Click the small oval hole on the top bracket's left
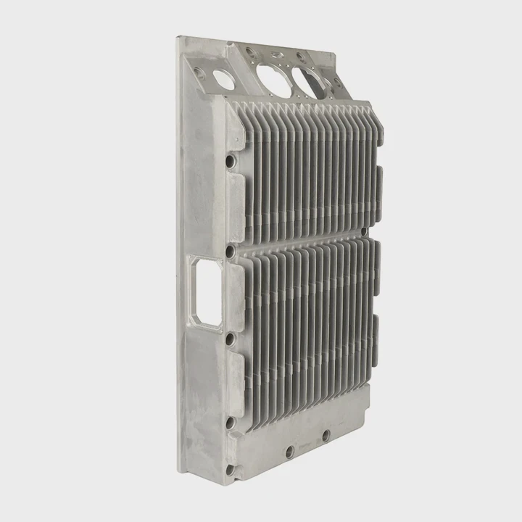pyautogui.click(x=224, y=80)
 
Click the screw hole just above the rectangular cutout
pyautogui.click(x=230, y=252)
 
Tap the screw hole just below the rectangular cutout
pyautogui.click(x=230, y=339)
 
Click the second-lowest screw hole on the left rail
pyautogui.click(x=230, y=422)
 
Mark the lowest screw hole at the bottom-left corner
pyautogui.click(x=231, y=469)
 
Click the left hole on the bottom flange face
pyautogui.click(x=289, y=451)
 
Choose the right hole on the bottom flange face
pyautogui.click(x=326, y=435)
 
